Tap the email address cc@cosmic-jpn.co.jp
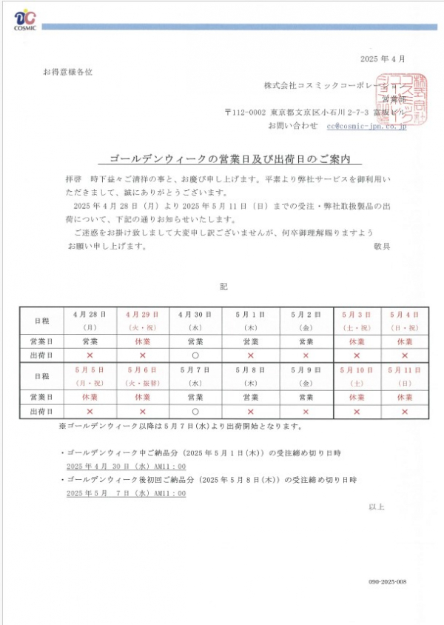click(x=367, y=126)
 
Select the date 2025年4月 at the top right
click(x=383, y=59)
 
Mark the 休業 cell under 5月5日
click(x=90, y=397)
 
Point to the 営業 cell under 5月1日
click(x=250, y=341)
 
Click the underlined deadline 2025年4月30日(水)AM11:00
click(x=126, y=467)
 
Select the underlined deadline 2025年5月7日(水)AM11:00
click(x=126, y=493)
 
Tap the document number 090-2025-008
click(x=388, y=582)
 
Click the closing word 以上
click(x=377, y=507)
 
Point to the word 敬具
click(x=382, y=246)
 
